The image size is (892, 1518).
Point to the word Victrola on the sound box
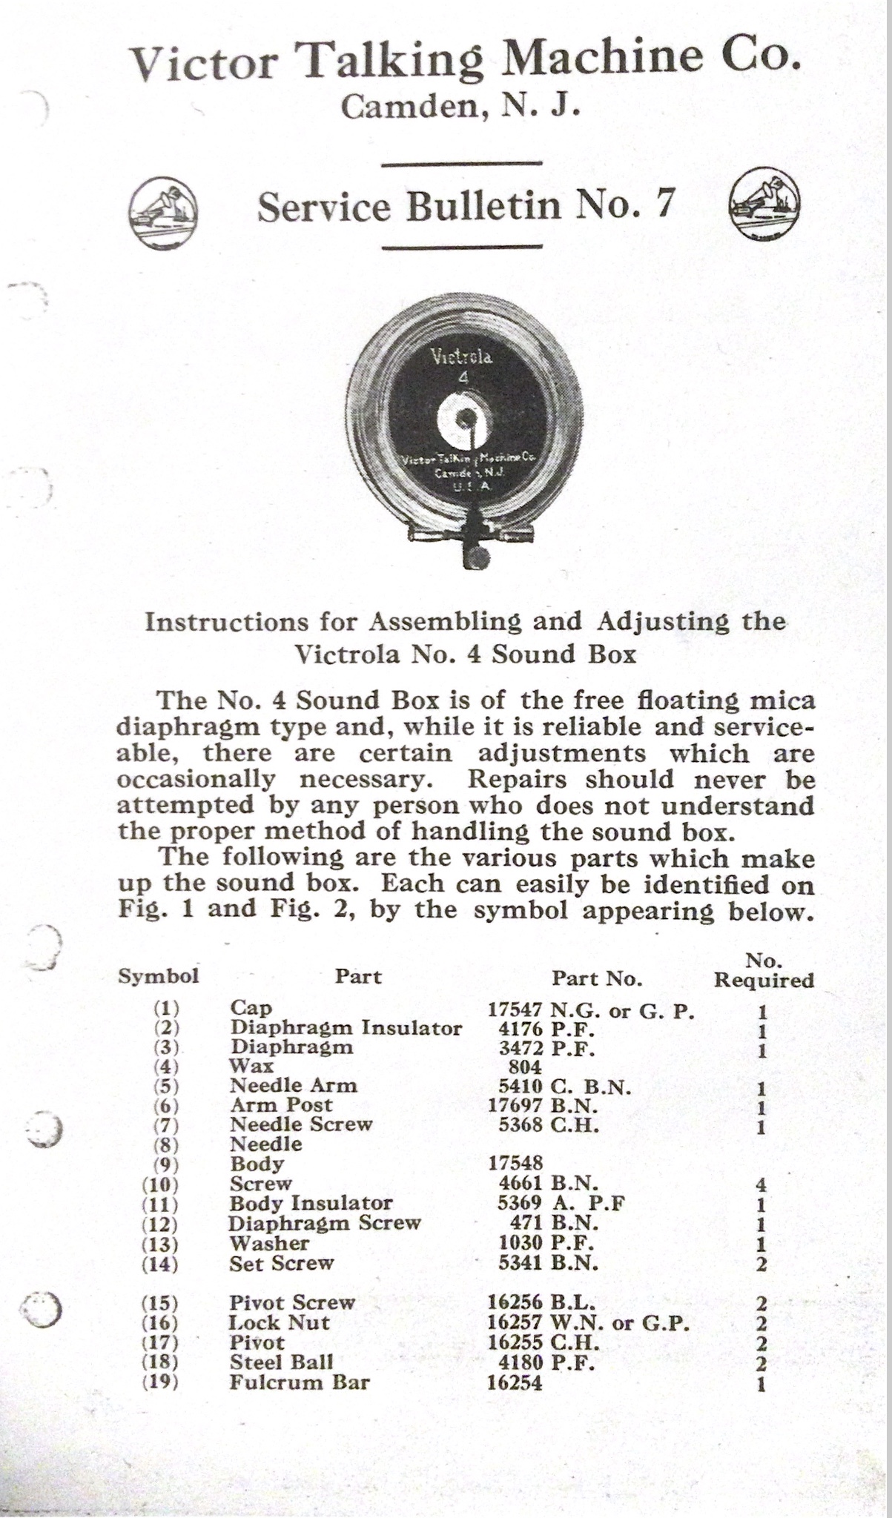tap(461, 357)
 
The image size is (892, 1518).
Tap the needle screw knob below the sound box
tap(480, 557)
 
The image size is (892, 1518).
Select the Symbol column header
tap(159, 976)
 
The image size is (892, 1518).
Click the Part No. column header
tap(596, 978)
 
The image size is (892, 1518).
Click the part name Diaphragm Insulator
tap(346, 1028)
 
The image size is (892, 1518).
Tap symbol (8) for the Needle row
tap(166, 1144)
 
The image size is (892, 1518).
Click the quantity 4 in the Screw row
tap(761, 1185)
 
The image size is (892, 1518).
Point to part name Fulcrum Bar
tap(300, 1382)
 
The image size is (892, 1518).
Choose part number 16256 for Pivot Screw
tap(515, 1302)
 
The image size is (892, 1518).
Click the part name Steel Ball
tap(282, 1362)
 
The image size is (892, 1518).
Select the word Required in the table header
tap(764, 980)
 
